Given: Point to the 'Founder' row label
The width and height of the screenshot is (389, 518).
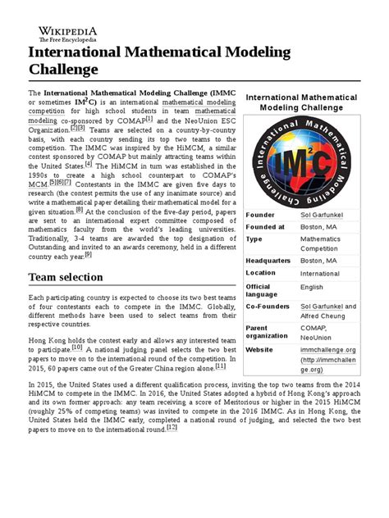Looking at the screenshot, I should pyautogui.click(x=261, y=215).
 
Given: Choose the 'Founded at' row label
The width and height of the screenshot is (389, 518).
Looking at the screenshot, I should pyautogui.click(x=265, y=226).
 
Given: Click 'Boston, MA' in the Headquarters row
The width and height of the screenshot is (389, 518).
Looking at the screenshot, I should pyautogui.click(x=318, y=261).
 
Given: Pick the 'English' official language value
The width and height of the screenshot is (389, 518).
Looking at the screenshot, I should pyautogui.click(x=312, y=288).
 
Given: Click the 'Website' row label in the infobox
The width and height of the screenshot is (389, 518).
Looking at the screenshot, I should pyautogui.click(x=262, y=348).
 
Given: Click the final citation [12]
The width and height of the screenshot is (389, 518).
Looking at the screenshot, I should pyautogui.click(x=172, y=427).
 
